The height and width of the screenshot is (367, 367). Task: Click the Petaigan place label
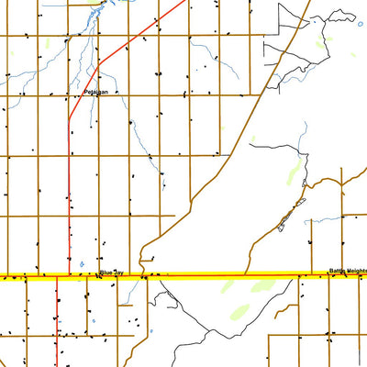(x=95, y=92)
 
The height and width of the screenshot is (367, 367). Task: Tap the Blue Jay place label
(x=110, y=272)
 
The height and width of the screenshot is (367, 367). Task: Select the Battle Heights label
(x=347, y=272)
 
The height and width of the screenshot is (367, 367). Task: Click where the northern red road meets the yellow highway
(x=70, y=275)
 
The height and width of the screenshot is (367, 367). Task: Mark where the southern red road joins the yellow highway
(x=57, y=276)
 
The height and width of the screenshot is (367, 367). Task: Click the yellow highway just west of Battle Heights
(x=312, y=275)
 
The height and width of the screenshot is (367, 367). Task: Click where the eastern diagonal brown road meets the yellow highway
(x=246, y=275)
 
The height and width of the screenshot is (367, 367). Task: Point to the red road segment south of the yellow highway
(x=57, y=321)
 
